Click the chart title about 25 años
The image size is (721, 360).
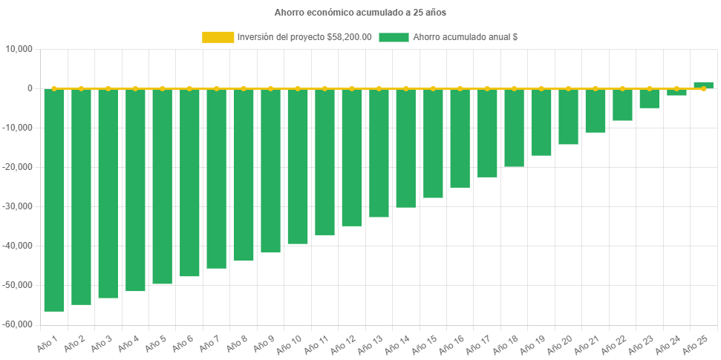pos(360,13)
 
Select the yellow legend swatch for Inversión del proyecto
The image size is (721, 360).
pos(218,37)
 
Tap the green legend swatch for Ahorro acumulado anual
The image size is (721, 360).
pos(394,37)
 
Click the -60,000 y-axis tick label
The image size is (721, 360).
pos(19,324)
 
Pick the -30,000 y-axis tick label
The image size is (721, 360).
pos(19,206)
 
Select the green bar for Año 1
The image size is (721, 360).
pos(54,200)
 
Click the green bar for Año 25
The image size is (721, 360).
pos(703,85)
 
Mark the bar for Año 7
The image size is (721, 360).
pos(216,178)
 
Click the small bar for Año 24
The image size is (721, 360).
pos(676,92)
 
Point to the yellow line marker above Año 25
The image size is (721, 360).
pos(703,88)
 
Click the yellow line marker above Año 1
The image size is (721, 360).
pos(54,88)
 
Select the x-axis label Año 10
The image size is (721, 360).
pos(289,344)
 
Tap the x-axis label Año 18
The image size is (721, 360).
pos(505,344)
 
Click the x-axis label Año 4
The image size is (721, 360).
pos(128,343)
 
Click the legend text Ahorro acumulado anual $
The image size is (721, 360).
pos(465,37)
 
